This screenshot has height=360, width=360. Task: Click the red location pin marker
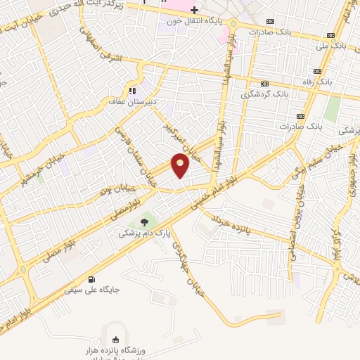tap(181, 166)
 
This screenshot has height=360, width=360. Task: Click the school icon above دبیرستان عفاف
tap(131, 90)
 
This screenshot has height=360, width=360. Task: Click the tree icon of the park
tap(144, 221)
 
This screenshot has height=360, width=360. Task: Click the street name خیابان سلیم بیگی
tap(318, 160)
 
